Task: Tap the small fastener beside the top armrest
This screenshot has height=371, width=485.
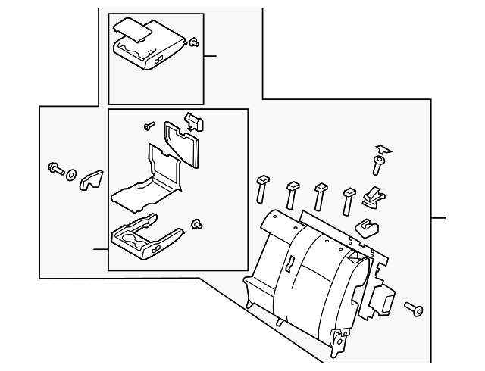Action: pos(193,42)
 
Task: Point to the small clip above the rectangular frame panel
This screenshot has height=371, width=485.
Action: pos(194,119)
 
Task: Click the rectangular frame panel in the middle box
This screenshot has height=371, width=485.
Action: pos(180,144)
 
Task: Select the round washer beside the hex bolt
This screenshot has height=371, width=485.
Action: pos(70,176)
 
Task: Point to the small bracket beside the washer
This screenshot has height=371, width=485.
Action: pos(92,179)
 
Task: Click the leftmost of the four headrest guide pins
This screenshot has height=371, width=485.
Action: pos(263,189)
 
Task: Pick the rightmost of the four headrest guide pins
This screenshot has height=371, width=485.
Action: pos(349,200)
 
